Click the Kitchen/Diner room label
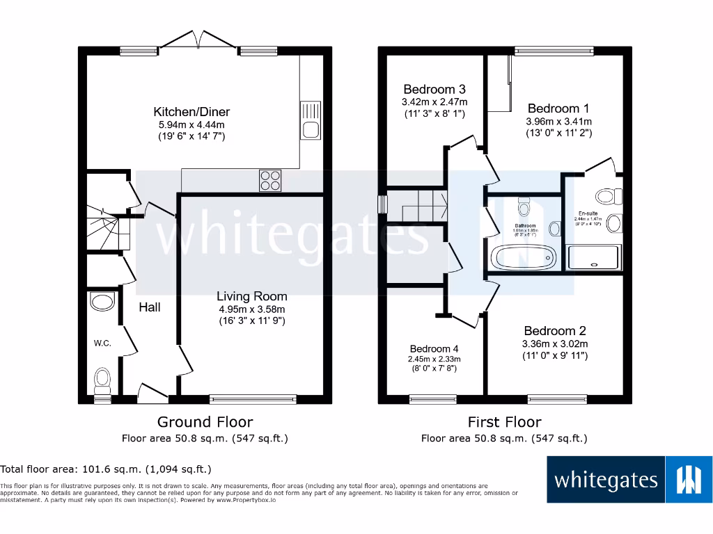[191, 112]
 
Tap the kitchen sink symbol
[310, 119]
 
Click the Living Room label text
[251, 296]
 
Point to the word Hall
[150, 307]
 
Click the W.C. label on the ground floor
[103, 342]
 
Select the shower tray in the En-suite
[593, 257]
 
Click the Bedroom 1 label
[558, 108]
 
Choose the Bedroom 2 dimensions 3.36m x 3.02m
[555, 343]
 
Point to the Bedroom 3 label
[434, 90]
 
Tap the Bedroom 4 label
[434, 348]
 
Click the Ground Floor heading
[205, 421]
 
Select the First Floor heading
[504, 421]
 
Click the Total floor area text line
[106, 469]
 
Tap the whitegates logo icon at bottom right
[689, 479]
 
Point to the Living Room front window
[253, 399]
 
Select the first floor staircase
[416, 205]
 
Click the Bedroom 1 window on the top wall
[554, 50]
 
